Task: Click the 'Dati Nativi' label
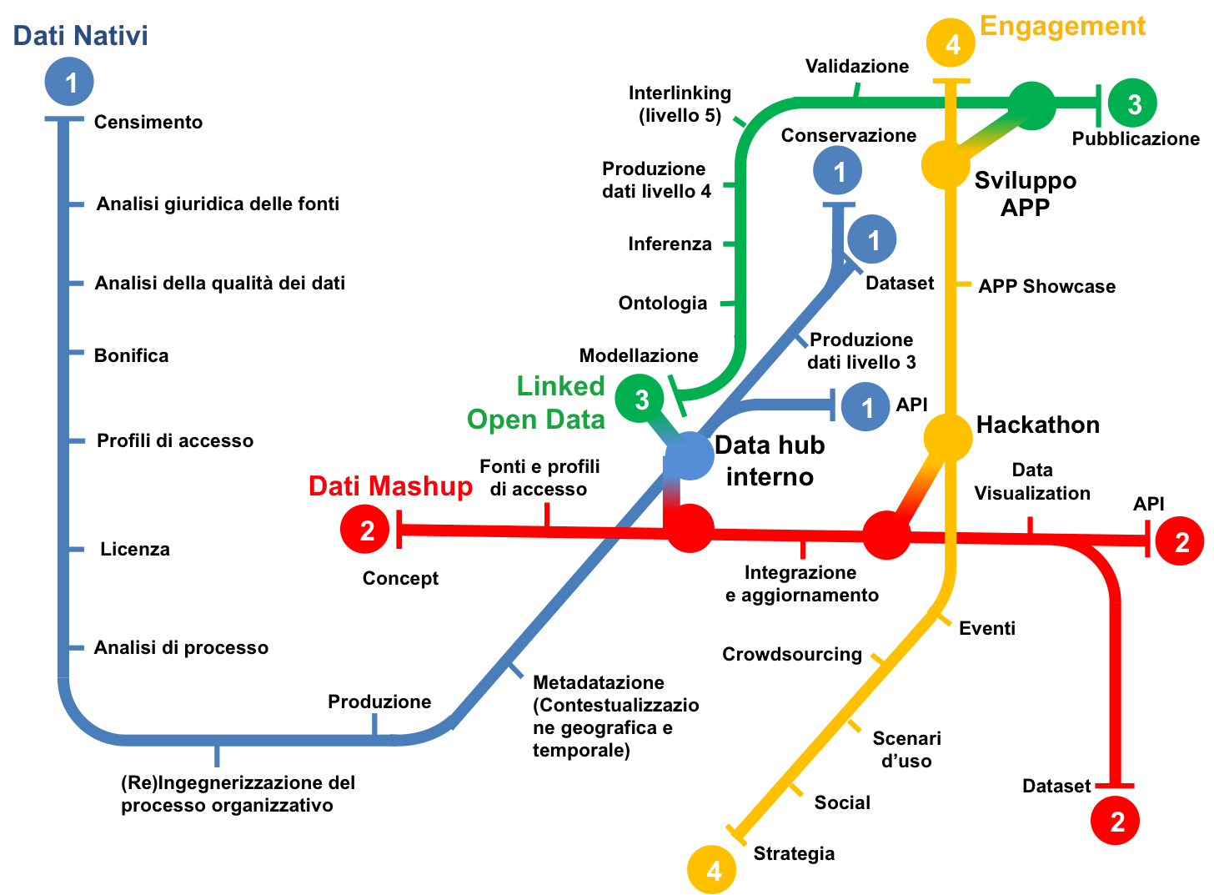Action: [80, 36]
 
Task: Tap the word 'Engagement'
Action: [1062, 27]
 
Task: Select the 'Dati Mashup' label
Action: [390, 486]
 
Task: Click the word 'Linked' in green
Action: [560, 386]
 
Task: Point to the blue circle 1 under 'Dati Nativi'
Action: [69, 82]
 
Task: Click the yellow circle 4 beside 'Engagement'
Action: [951, 43]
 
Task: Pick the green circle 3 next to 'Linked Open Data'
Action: [640, 399]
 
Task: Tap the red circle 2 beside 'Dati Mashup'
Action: [365, 530]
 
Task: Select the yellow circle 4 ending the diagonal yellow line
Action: [712, 870]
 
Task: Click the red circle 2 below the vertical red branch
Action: [1116, 821]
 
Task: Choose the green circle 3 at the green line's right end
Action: [1132, 103]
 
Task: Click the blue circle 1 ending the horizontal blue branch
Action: [865, 407]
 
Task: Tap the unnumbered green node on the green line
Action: [1032, 106]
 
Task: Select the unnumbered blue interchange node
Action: [689, 456]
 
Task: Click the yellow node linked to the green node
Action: [946, 164]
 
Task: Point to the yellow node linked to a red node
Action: [948, 437]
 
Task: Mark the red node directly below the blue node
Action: [690, 528]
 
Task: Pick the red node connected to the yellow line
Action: [885, 535]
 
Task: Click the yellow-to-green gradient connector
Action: [990, 135]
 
